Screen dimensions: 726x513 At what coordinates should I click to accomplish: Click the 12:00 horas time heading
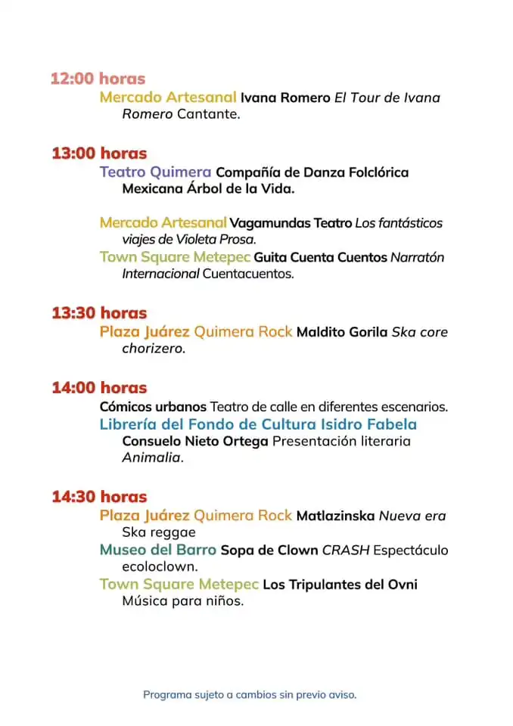click(x=98, y=79)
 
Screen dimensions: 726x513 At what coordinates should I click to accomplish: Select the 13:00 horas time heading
click(x=99, y=154)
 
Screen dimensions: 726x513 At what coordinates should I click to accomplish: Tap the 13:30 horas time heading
click(x=99, y=313)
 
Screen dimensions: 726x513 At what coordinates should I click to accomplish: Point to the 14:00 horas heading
click(x=99, y=388)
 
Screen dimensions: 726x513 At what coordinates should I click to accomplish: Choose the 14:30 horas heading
click(x=99, y=497)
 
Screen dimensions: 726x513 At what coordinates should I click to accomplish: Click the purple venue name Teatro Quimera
click(x=155, y=172)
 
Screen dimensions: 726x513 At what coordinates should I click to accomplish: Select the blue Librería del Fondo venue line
click(x=258, y=424)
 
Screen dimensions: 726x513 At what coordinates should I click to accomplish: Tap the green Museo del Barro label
click(x=157, y=550)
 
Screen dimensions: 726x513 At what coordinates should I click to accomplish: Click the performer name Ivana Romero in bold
click(x=285, y=98)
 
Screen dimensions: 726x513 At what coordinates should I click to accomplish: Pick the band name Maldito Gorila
click(x=342, y=332)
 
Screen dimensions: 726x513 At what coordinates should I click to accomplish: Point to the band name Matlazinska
click(x=335, y=516)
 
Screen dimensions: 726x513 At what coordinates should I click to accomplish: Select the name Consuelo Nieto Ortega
click(x=195, y=441)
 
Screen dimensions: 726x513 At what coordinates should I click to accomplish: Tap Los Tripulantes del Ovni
click(x=340, y=585)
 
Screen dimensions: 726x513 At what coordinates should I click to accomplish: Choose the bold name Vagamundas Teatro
click(x=291, y=223)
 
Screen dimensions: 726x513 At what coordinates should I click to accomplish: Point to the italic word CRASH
click(x=346, y=550)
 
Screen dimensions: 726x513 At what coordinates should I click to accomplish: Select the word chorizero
click(x=153, y=349)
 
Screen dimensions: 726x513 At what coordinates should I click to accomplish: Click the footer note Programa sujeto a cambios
click(x=250, y=694)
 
